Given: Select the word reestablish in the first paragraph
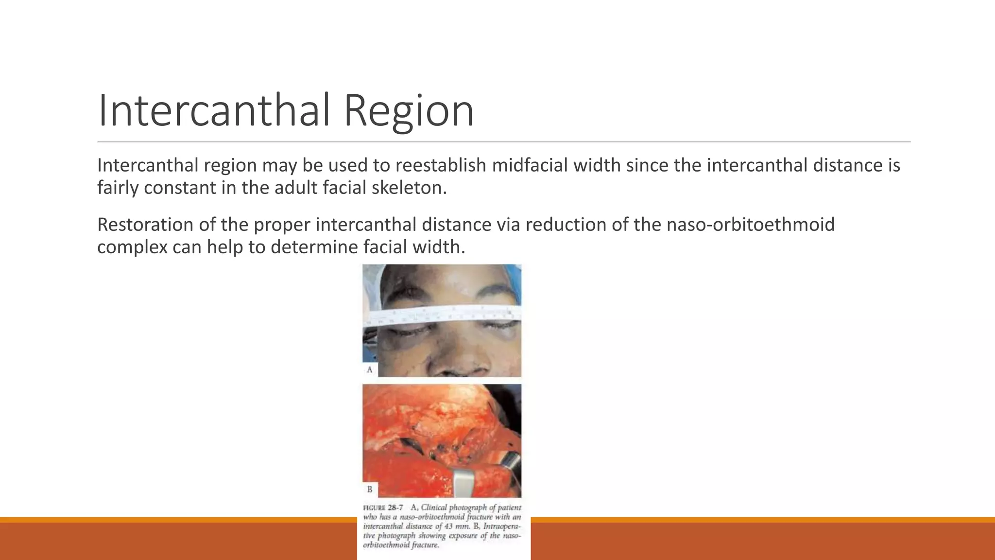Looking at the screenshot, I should [x=440, y=165].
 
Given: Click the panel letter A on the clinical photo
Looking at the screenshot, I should [x=370, y=369].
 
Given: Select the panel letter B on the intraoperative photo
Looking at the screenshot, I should [x=370, y=489].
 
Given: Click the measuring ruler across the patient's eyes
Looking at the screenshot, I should [x=442, y=316].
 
